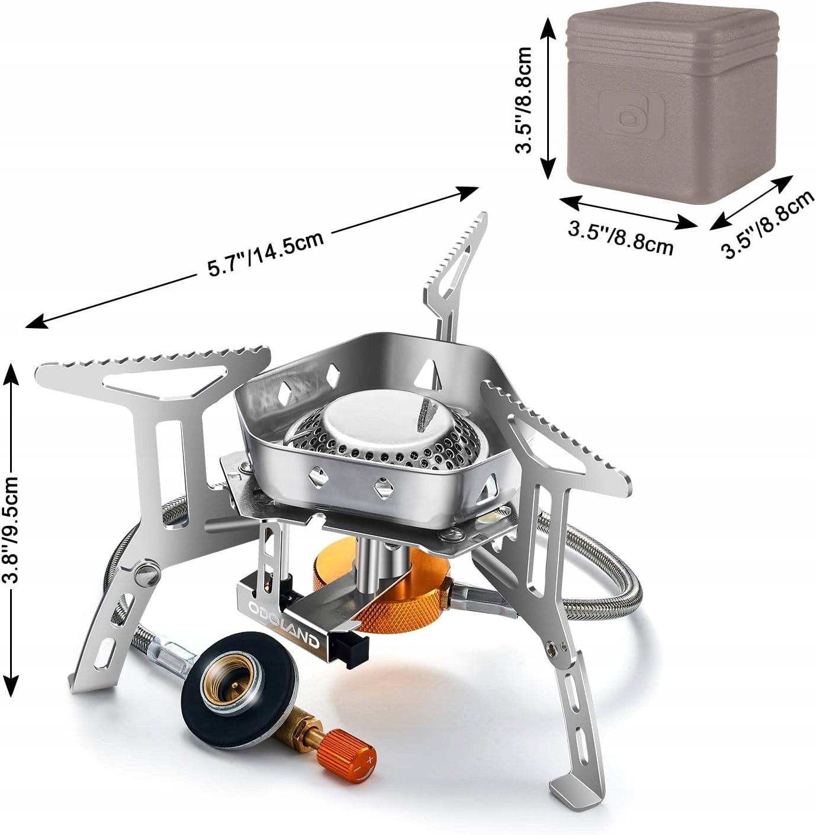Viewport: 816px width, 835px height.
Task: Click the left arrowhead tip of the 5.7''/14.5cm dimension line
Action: [x=25, y=327]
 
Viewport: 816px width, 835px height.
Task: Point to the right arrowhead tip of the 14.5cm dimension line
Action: [x=479, y=188]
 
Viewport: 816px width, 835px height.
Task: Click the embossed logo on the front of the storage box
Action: [x=632, y=113]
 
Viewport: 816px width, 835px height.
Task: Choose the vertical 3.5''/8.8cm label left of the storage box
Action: [x=524, y=100]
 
